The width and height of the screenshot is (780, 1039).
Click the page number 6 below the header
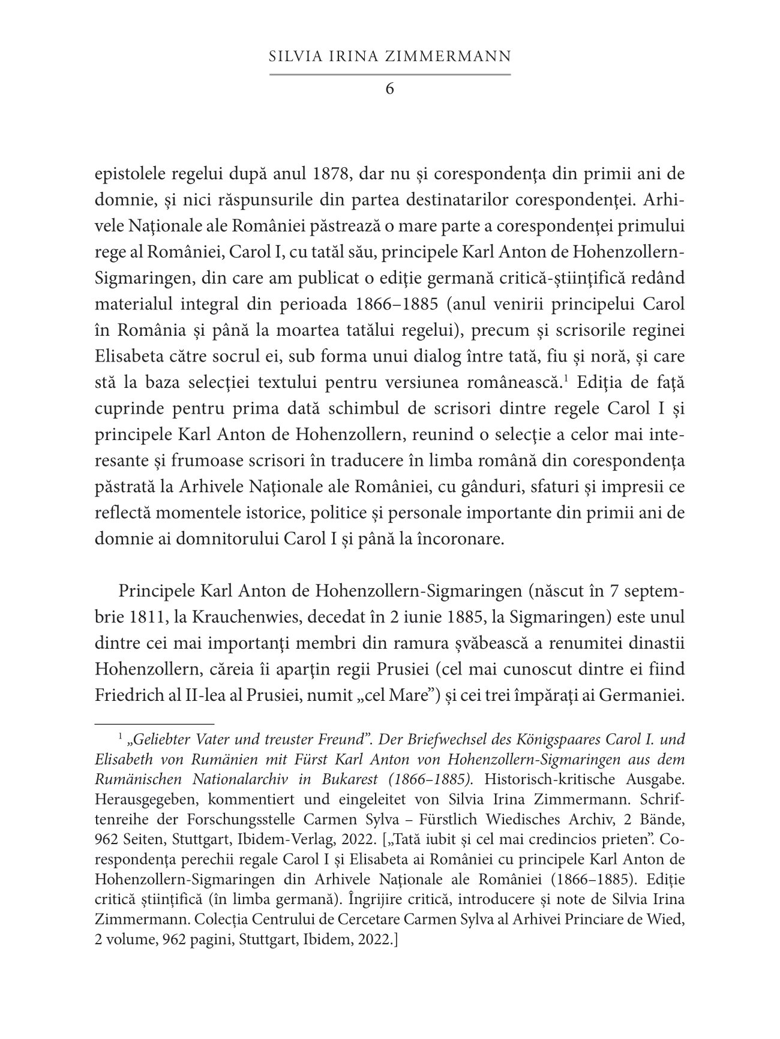pos(390,89)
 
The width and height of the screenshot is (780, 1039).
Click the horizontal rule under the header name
pos(390,74)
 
